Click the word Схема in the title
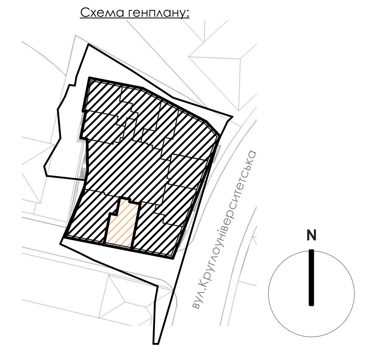(102, 13)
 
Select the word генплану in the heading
(156, 13)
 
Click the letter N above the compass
(311, 235)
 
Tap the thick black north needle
(311, 278)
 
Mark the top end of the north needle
(311, 250)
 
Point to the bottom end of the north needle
(311, 305)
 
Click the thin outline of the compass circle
(269, 294)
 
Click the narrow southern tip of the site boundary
(156, 343)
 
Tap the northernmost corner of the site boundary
(88, 44)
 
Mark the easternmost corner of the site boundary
(232, 117)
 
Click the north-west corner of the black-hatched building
(90, 77)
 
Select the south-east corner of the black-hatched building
(173, 258)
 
